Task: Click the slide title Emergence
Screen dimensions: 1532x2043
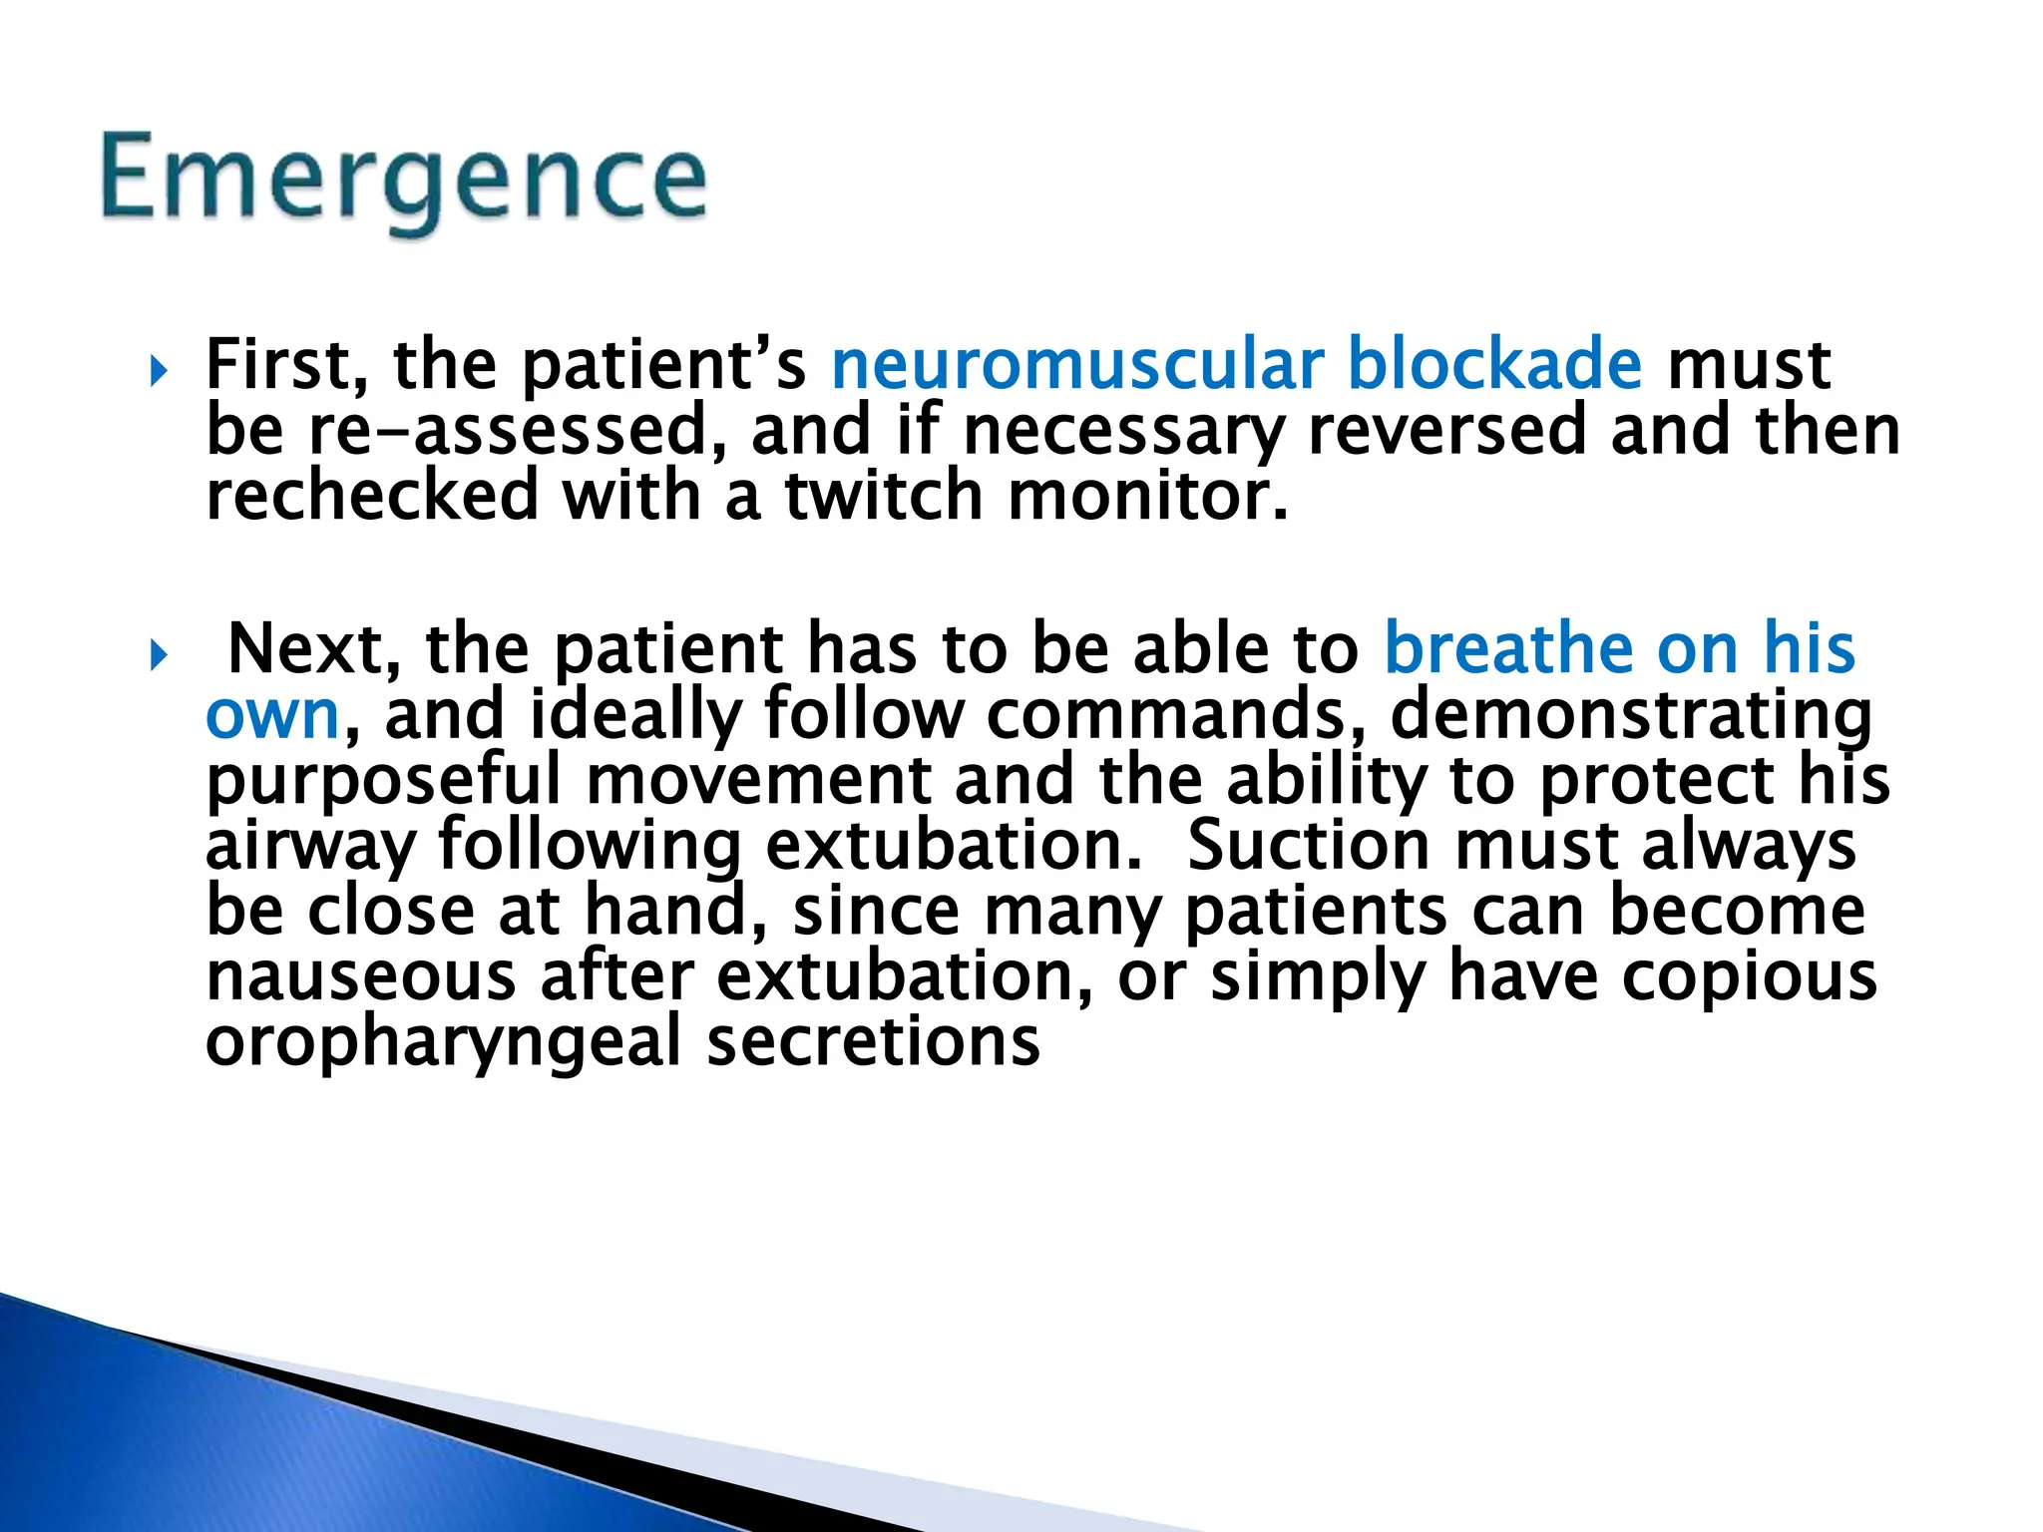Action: [404, 181]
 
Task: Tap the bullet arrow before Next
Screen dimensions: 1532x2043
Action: [157, 656]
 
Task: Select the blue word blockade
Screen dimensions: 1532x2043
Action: [1493, 365]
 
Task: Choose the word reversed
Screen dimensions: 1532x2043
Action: [1445, 431]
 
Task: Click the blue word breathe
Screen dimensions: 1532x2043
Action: [1507, 649]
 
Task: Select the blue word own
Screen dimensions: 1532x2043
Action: [272, 716]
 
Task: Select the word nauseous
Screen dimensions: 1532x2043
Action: [360, 977]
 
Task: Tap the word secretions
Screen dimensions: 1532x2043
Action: [873, 1042]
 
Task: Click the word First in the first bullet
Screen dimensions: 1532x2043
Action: [286, 366]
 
